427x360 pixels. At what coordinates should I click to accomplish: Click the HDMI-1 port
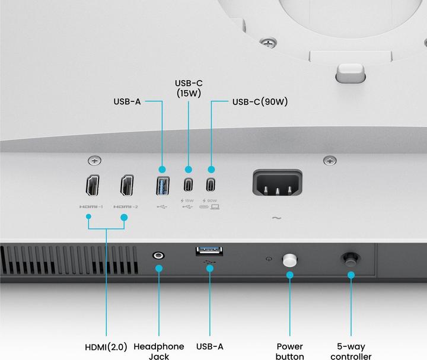(93, 186)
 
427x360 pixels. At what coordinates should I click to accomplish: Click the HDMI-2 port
(127, 186)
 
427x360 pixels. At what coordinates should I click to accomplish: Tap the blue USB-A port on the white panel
(162, 186)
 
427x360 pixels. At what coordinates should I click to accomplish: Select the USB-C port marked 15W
(188, 184)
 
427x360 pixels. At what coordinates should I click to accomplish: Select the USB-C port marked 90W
(211, 184)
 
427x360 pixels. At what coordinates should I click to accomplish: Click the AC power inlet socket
(277, 183)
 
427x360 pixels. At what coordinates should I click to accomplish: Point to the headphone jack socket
(158, 255)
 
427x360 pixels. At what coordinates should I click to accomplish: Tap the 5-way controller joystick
(351, 259)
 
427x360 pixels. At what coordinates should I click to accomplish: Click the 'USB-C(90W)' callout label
(260, 101)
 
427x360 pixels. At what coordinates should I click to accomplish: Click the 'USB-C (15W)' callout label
(189, 88)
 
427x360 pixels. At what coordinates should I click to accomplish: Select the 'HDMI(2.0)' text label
(107, 346)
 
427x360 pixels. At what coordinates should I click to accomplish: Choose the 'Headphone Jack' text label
(159, 351)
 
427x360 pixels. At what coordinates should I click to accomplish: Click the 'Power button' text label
(290, 351)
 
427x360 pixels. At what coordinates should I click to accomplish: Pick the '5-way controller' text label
(351, 351)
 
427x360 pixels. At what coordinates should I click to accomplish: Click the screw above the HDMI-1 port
(93, 160)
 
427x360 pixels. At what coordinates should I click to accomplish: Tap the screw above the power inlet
(330, 160)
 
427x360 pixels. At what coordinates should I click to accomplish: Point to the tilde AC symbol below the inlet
(276, 218)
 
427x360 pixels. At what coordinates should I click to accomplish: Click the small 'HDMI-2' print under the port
(125, 207)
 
